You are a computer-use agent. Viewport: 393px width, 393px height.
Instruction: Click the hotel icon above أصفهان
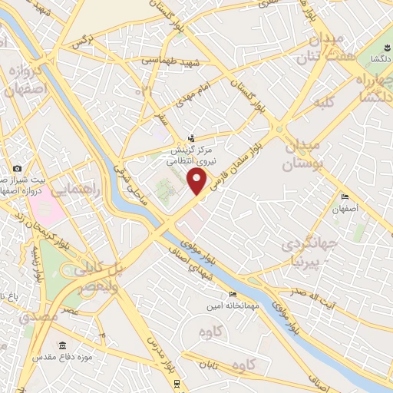pyautogui.click(x=345, y=197)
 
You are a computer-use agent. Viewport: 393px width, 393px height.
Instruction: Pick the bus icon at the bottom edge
pyautogui.click(x=177, y=383)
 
